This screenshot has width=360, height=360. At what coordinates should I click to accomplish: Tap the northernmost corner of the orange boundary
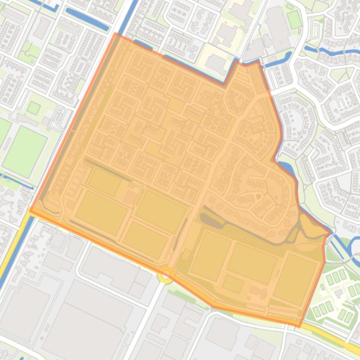[116, 34]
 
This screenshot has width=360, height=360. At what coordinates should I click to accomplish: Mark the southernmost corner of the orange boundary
[300, 326]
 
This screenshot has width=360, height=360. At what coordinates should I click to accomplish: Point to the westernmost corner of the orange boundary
[30, 210]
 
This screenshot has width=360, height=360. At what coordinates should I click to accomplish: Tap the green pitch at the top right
[294, 19]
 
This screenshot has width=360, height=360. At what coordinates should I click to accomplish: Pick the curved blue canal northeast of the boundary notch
[276, 61]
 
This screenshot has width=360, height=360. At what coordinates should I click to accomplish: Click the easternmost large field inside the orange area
[295, 278]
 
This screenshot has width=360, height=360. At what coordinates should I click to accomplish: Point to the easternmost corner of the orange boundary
[331, 232]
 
